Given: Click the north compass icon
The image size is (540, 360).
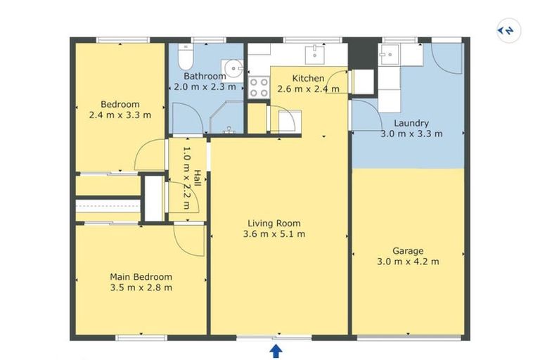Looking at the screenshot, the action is coord(509,31).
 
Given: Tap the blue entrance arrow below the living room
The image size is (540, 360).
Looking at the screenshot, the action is coord(276,352).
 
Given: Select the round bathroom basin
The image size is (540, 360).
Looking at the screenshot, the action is coord(233,67).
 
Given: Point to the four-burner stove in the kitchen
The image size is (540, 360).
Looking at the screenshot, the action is coord(259,87).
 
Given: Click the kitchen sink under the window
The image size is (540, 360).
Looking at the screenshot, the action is coord(315,54).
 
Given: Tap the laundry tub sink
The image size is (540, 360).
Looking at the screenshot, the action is coord(389,54).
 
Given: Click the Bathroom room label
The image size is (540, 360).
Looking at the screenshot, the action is coord(205,76).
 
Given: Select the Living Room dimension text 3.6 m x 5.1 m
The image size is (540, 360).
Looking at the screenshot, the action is coord(274,234).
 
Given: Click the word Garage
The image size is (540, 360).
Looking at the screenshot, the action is coord(408,251).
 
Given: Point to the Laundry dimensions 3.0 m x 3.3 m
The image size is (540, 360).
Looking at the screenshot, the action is coord(411,134).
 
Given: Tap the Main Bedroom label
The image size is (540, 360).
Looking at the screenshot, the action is coord(141,276).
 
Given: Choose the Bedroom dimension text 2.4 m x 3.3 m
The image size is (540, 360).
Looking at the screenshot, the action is coord(120,115).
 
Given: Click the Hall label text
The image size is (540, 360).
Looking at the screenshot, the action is coord(197,178).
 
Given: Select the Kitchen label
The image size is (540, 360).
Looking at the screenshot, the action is coord(308,78).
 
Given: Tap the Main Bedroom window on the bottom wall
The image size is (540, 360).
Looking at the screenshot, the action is coord(141,337).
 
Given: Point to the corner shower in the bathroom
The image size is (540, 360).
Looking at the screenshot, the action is coord(226,117).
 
